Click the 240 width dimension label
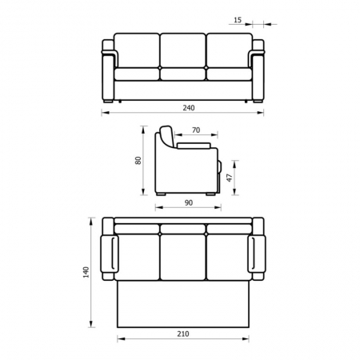point(189,108)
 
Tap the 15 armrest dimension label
point(238,20)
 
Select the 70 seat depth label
point(196,130)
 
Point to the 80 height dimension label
point(138,160)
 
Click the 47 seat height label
point(230,178)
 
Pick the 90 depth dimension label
point(189,202)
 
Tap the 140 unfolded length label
point(86,272)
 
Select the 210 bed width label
point(183,334)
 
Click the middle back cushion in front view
point(183,50)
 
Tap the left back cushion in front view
point(137,50)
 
